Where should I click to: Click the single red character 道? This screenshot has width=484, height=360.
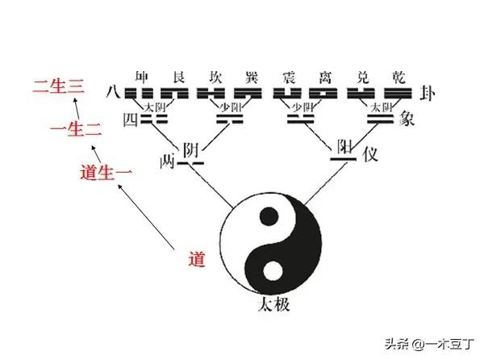pos(195,260)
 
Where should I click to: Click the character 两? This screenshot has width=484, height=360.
pos(169,161)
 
